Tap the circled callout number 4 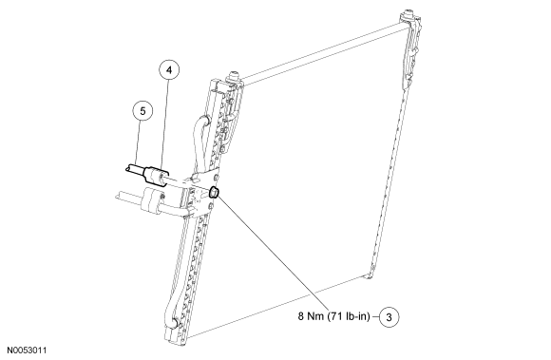pos(167,70)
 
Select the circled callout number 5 pos(142,110)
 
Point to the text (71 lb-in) pos(348,314)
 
